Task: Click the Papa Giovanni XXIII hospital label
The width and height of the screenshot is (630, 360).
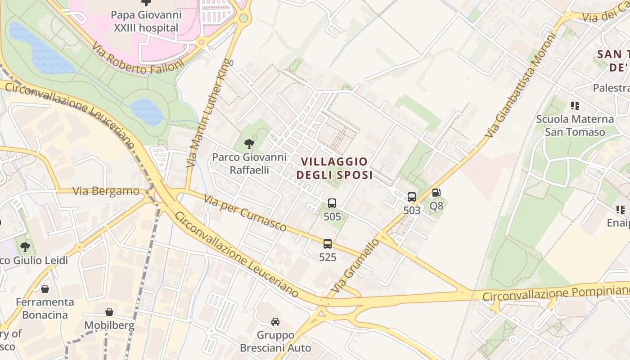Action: coord(147,21)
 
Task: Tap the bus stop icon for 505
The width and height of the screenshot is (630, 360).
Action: coord(332,203)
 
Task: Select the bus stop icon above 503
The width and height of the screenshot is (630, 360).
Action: coord(411,197)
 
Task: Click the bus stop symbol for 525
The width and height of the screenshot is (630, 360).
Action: coord(328,244)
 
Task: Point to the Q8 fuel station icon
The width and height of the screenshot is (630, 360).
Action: coord(436,193)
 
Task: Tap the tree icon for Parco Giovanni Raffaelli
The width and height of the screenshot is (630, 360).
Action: coord(249,144)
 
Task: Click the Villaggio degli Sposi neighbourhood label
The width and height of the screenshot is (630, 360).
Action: coord(334,168)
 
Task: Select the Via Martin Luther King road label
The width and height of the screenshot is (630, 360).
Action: coord(211,113)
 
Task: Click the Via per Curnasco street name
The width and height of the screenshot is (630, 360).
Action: coord(245,213)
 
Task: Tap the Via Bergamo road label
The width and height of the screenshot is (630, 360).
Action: coord(106,191)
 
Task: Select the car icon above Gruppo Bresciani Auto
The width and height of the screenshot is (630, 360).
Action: coord(275,322)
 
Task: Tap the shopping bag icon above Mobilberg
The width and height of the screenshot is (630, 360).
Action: coord(109,312)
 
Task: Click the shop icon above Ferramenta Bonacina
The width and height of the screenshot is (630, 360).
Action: coord(45,289)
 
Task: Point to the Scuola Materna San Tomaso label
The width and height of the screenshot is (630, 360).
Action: coord(575,126)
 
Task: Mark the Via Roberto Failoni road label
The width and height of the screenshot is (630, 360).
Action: coord(138,58)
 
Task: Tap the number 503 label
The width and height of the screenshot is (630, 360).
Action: coord(412,211)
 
